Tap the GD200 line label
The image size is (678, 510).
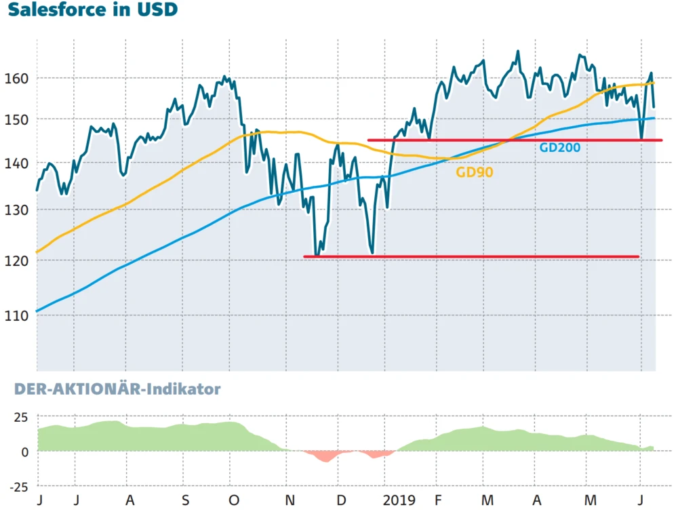(x=559, y=147)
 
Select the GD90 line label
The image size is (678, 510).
(x=474, y=172)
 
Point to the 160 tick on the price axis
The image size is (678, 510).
(x=18, y=78)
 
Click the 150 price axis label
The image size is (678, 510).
(x=18, y=119)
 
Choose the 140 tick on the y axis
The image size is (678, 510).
(x=18, y=163)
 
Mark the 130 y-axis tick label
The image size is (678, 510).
(x=18, y=210)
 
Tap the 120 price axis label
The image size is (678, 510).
(x=18, y=260)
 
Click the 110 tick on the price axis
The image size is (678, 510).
(x=18, y=315)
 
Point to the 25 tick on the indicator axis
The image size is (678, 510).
(x=20, y=416)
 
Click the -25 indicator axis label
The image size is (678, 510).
(x=18, y=486)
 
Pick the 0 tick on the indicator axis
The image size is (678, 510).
(x=24, y=452)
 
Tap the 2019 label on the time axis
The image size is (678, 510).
(x=398, y=501)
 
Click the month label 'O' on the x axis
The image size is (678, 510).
(x=234, y=501)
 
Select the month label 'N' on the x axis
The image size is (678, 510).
(x=290, y=501)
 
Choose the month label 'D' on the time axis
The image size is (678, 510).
(x=342, y=501)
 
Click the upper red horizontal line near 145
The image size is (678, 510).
(x=515, y=140)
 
